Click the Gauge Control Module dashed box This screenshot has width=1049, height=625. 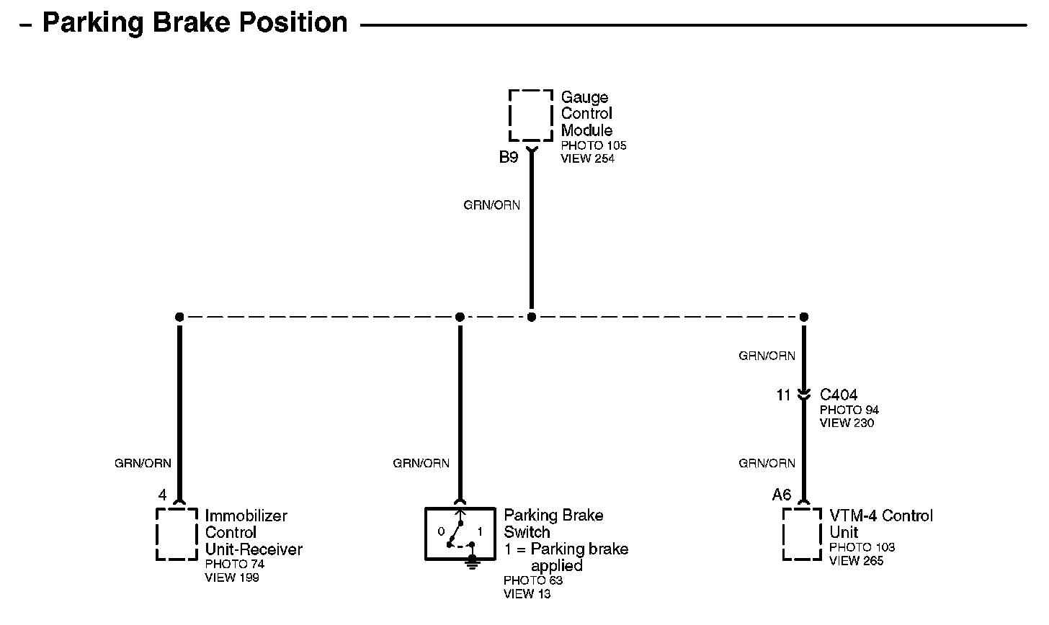[x=531, y=115]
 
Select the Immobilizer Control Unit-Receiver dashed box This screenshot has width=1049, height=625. [x=177, y=534]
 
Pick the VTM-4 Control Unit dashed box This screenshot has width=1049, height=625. [x=802, y=534]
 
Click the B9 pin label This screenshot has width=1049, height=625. [x=509, y=158]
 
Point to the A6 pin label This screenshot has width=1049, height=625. [x=782, y=495]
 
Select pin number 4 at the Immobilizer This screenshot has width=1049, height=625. [x=162, y=495]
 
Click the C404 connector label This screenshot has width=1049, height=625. [x=839, y=395]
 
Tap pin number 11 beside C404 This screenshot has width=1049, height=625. [x=784, y=395]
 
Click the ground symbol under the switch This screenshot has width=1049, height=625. [x=473, y=561]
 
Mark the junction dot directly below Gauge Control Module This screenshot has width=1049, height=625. [x=532, y=317]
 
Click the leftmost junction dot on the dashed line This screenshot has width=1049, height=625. [x=179, y=317]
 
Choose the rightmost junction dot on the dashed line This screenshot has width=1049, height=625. [x=804, y=317]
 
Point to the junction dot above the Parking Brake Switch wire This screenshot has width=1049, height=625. [x=460, y=317]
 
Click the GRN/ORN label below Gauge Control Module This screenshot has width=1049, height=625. [x=491, y=205]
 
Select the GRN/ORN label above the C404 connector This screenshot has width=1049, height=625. [x=767, y=356]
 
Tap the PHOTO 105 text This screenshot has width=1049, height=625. [x=594, y=145]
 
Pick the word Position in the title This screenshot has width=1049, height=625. [x=293, y=23]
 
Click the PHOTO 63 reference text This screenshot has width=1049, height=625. [x=533, y=580]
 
